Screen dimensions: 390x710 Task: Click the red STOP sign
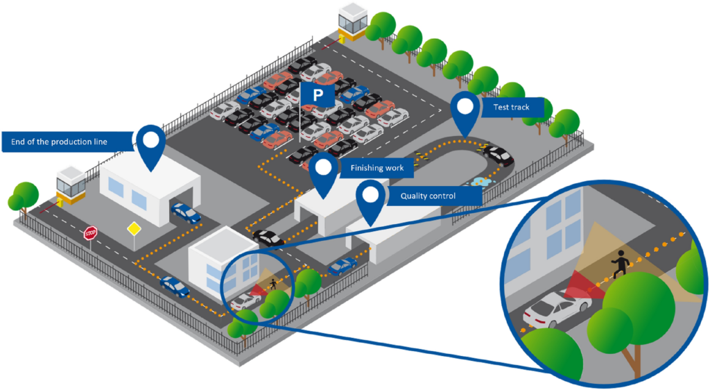(x=90, y=233)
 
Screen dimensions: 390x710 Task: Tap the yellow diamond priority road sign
(x=133, y=228)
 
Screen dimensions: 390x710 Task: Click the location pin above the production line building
(x=150, y=143)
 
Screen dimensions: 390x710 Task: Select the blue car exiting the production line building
(x=185, y=212)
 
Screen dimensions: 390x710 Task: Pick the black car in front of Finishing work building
(x=267, y=237)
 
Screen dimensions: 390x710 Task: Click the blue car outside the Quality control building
(x=342, y=266)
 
